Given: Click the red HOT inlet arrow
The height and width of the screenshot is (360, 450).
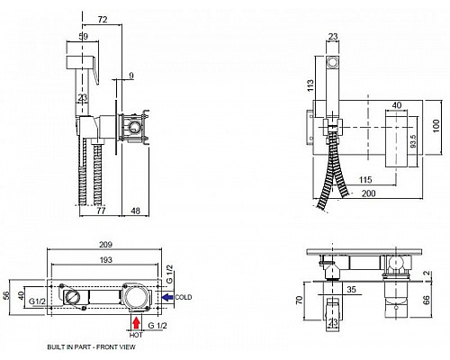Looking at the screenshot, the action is click(137, 323).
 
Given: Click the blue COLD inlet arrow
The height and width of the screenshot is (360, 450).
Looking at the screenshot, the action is click(168, 297).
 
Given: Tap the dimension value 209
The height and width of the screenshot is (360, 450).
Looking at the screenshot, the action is click(106, 245).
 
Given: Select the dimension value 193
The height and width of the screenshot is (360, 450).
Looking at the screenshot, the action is click(106, 260).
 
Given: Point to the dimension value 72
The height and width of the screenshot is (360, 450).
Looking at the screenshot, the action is click(103, 20).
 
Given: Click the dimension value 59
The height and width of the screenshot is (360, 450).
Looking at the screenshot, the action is click(84, 37).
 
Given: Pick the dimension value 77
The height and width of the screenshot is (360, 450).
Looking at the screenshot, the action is click(102, 211).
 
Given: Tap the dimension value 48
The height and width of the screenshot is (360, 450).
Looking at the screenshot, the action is click(136, 211).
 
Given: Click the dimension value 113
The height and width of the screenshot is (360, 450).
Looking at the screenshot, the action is click(310, 85).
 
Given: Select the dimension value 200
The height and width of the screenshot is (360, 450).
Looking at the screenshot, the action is click(368, 193).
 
